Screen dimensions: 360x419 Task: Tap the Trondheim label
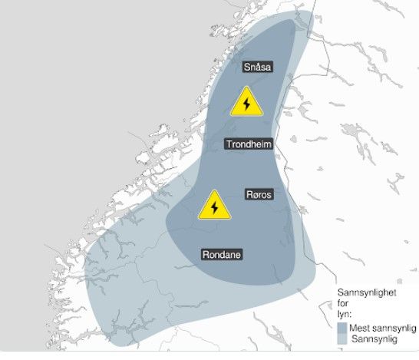[249, 144]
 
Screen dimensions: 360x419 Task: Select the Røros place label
[259, 195]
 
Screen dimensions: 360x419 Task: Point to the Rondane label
[222, 255]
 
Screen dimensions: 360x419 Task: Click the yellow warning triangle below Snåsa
[246, 103]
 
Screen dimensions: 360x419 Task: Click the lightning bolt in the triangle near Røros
[215, 209]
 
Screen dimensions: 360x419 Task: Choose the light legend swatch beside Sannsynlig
[343, 339]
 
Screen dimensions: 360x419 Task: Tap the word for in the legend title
[344, 304]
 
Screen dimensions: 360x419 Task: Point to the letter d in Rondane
[225, 255]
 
